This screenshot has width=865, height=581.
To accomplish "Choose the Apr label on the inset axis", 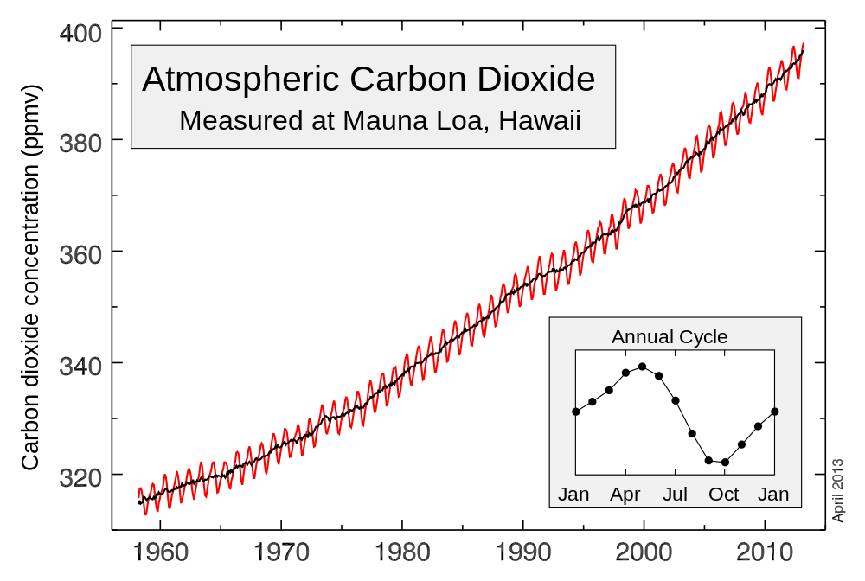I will [625, 495].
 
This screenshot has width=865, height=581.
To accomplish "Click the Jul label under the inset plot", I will [675, 495].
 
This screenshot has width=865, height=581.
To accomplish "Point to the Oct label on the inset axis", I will [724, 495].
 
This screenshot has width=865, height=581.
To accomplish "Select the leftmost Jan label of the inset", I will [573, 495].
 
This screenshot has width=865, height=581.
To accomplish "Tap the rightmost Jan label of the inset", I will [773, 495].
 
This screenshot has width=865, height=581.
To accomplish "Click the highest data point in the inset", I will [642, 367].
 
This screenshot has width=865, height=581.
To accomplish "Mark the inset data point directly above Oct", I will [725, 463].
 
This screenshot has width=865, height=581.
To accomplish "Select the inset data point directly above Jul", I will [676, 400].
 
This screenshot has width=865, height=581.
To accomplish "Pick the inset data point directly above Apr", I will [625, 373].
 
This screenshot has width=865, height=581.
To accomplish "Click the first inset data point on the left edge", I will [576, 412].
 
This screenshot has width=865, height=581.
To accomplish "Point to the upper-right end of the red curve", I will [804, 43].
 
